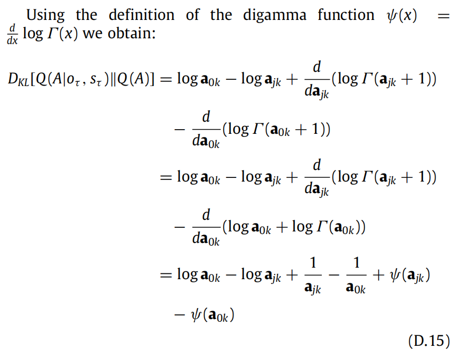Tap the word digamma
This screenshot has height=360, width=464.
[x=274, y=15]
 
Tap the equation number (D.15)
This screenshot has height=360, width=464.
[x=429, y=341]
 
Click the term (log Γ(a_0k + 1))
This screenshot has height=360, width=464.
[x=276, y=129]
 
